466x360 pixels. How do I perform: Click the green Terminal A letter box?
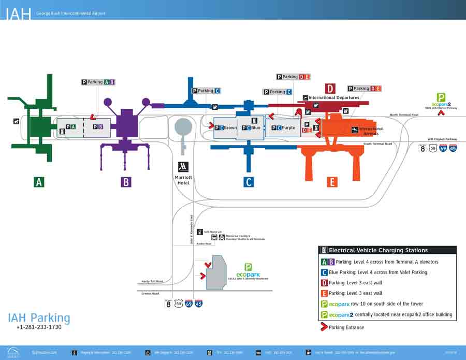pyautogui.click(x=39, y=182)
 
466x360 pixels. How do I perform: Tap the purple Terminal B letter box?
pyautogui.click(x=125, y=182)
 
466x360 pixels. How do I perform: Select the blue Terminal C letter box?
pyautogui.click(x=249, y=182)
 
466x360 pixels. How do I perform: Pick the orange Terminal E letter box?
pyautogui.click(x=332, y=182)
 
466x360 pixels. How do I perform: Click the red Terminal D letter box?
pyautogui.click(x=330, y=89)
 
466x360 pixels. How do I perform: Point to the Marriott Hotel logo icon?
pyautogui.click(x=183, y=167)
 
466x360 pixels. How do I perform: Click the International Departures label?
pyautogui.click(x=333, y=97)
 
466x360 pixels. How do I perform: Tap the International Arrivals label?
pyautogui.click(x=371, y=131)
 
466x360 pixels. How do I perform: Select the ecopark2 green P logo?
pyautogui.click(x=441, y=97)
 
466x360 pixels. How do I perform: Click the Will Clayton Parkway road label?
pyautogui.click(x=442, y=139)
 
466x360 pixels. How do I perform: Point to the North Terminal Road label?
pyautogui.click(x=404, y=114)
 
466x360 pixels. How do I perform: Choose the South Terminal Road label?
pyautogui.click(x=377, y=143)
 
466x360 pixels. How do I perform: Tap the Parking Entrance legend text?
pyautogui.click(x=346, y=327)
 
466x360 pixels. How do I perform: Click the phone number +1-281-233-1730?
pyautogui.click(x=39, y=327)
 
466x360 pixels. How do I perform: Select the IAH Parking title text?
pyautogui.click(x=39, y=318)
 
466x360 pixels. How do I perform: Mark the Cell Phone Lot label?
pyautogui.click(x=212, y=232)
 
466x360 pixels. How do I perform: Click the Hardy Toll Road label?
pyautogui.click(x=152, y=282)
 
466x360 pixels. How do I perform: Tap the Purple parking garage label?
pyautogui.click(x=288, y=128)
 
